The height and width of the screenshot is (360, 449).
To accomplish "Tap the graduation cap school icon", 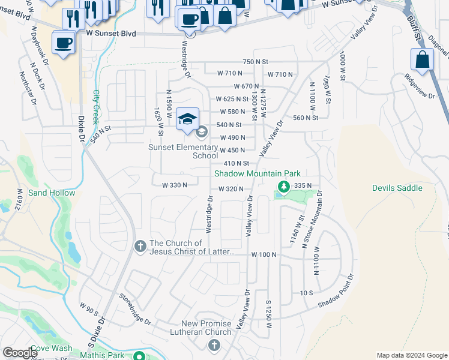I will [x=188, y=118].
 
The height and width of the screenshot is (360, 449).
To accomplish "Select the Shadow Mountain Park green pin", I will [x=282, y=186].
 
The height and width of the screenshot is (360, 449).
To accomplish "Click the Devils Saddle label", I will [x=397, y=188].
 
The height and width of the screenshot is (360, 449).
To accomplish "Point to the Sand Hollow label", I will [x=52, y=193].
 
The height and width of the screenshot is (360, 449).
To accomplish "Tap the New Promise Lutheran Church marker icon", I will [x=214, y=344].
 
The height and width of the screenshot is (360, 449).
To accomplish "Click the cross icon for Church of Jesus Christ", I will [x=140, y=247].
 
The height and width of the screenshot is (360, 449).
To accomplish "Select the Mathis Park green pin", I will [x=139, y=356].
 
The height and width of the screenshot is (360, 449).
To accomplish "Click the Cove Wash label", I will [x=52, y=348].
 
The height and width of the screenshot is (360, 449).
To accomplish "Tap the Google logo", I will [x=20, y=353].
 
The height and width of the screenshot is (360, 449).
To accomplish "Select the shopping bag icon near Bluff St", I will [x=422, y=60].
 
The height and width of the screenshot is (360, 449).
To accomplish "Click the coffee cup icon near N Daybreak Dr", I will [x=63, y=43].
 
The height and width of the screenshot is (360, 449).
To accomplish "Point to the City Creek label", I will [x=96, y=107].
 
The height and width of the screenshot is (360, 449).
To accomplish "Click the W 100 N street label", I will [x=264, y=254].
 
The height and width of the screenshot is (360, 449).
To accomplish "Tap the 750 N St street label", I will [x=255, y=62].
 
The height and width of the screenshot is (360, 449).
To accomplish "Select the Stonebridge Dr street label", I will [x=134, y=307].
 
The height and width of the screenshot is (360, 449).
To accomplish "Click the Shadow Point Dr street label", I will [x=337, y=291].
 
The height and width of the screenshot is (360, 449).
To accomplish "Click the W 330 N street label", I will [x=175, y=185].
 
